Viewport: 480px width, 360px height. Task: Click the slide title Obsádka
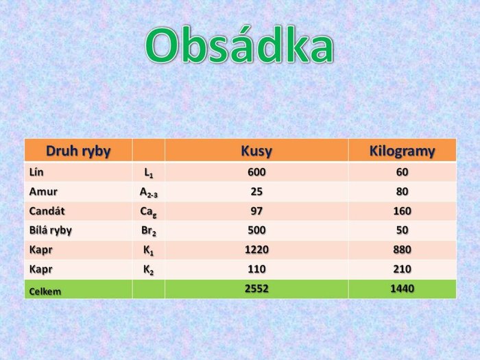coord(239,45)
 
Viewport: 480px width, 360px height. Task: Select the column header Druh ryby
coord(78,152)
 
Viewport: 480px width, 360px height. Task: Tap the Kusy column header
coord(256,151)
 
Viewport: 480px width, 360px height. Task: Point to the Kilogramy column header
coord(402,151)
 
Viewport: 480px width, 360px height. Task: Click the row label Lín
coord(36,172)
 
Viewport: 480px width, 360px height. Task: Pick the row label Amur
coord(43,191)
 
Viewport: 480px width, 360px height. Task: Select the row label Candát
coord(47,211)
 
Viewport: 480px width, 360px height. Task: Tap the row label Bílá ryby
coord(51,230)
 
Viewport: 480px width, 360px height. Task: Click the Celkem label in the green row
coord(45,291)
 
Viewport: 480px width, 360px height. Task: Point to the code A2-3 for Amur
coord(149,193)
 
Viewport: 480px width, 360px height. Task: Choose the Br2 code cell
coord(149,231)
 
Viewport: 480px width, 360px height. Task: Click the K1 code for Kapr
coord(149,251)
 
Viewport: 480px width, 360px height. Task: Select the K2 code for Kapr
coord(149,270)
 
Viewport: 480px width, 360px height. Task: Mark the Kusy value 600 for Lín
coord(256,172)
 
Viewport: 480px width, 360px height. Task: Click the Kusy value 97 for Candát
coord(256,211)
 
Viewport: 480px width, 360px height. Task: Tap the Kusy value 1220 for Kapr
coord(256,250)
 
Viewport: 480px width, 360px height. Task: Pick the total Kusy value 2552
coord(256,289)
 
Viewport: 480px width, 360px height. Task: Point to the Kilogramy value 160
coord(402,211)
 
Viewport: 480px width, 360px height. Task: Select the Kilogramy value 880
coord(402,250)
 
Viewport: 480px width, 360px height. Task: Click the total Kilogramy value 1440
coord(402,289)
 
